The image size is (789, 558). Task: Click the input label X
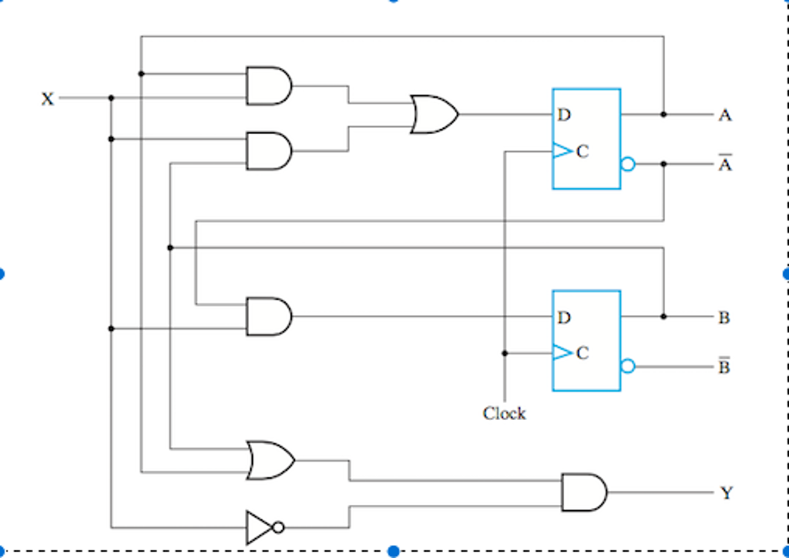coord(48,99)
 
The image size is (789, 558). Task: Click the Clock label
coord(504,414)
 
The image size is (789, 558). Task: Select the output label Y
coord(726,493)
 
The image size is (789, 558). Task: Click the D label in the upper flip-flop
coord(565,116)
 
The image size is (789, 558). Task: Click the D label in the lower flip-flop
coord(565,318)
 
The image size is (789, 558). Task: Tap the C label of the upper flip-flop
coord(582,152)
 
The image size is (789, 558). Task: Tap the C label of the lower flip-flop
coord(582,354)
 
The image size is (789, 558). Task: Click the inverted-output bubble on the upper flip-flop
coord(628,164)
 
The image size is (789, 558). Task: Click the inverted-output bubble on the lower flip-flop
coord(628,366)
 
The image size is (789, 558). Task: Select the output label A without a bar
coord(724,116)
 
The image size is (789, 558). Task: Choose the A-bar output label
coord(724,164)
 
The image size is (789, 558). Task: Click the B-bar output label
coord(724,366)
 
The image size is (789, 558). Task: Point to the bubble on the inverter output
coord(278,527)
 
